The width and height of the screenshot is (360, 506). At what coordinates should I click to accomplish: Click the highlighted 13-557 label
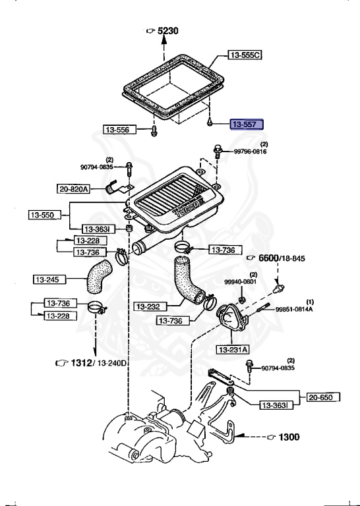point(247,125)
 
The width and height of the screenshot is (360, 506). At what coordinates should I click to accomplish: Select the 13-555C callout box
point(245,55)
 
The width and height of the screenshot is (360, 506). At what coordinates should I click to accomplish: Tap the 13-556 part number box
point(120,130)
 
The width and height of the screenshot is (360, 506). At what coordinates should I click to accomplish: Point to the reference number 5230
point(168,31)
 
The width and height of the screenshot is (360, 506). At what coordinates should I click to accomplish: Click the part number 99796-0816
point(251,152)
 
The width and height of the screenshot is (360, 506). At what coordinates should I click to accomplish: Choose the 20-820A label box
point(73,189)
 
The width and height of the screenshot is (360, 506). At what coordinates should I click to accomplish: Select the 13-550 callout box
point(45,215)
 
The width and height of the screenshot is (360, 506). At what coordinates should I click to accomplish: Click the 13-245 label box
point(49,279)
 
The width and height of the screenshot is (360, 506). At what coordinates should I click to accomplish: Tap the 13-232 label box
point(150,306)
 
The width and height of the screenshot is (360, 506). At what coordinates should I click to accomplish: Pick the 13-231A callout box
point(233,349)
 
